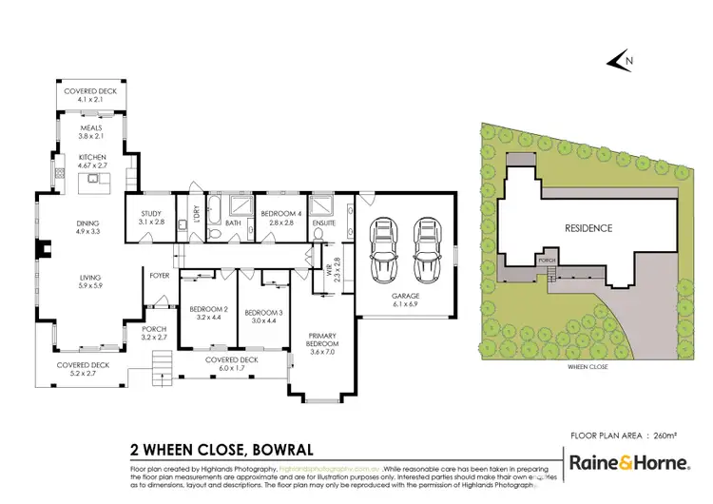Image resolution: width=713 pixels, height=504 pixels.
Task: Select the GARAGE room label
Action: [406, 297]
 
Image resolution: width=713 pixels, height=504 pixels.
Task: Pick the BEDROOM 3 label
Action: [261, 314]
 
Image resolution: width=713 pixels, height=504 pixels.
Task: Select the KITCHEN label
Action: [92, 158]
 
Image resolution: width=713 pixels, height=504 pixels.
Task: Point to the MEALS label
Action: [90, 127]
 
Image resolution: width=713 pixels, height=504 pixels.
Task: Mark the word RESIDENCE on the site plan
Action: [589, 228]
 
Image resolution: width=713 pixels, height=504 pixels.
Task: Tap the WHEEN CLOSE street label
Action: [587, 366]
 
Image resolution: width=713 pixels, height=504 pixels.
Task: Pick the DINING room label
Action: [87, 225]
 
